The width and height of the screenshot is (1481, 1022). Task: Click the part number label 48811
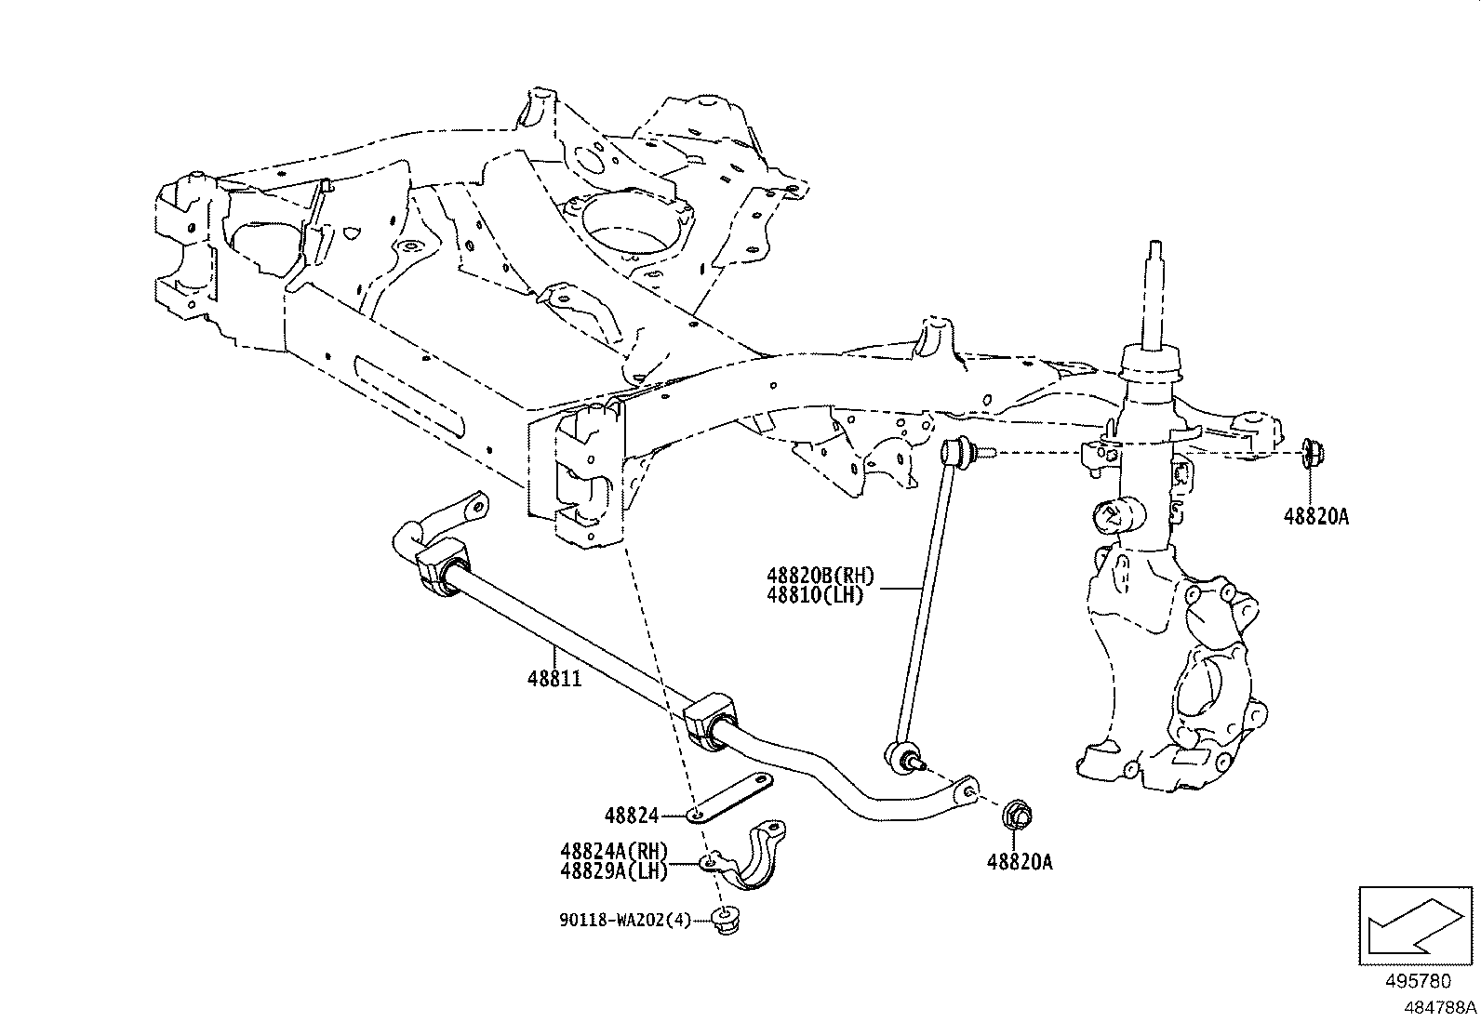(554, 680)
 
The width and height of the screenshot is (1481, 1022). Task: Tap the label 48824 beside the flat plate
(631, 816)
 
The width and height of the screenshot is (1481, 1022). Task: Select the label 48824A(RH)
(614, 850)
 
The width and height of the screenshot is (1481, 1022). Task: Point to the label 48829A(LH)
(614, 870)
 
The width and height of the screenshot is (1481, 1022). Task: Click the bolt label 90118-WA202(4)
(625, 920)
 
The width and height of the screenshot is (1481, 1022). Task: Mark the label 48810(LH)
(815, 595)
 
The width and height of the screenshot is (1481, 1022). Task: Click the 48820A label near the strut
(1315, 517)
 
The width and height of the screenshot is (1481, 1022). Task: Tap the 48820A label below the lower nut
(1020, 862)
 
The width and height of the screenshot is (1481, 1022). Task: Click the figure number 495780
(1418, 984)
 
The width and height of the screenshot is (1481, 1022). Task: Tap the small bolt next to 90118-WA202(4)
(724, 918)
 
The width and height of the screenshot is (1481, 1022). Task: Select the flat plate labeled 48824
(735, 797)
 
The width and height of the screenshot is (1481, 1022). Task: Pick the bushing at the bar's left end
(441, 568)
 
